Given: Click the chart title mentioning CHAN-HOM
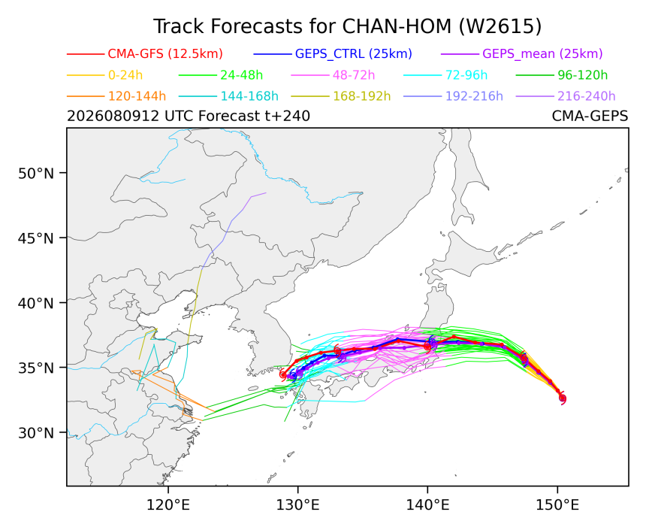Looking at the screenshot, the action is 347,27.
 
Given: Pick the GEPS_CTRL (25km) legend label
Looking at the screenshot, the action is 354,54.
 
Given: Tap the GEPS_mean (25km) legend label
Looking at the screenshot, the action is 542,54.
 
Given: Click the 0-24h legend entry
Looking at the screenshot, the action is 125,75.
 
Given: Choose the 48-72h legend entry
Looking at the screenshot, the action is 354,75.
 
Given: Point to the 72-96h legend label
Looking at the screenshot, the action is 466,75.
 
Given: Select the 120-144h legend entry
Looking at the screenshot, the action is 137,96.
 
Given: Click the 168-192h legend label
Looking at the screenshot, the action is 362,96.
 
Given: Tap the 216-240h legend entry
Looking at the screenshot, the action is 586,96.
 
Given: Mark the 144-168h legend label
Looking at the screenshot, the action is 249,96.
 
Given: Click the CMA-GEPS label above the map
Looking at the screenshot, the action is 590,117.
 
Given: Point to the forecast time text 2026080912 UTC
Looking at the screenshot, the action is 113,117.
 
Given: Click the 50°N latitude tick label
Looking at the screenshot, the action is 36,174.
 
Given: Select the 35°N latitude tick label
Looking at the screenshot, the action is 36,368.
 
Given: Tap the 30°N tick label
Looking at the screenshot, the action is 36,433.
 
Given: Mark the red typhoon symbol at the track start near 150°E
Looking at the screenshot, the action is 563,398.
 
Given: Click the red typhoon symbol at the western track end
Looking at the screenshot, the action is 283,374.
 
